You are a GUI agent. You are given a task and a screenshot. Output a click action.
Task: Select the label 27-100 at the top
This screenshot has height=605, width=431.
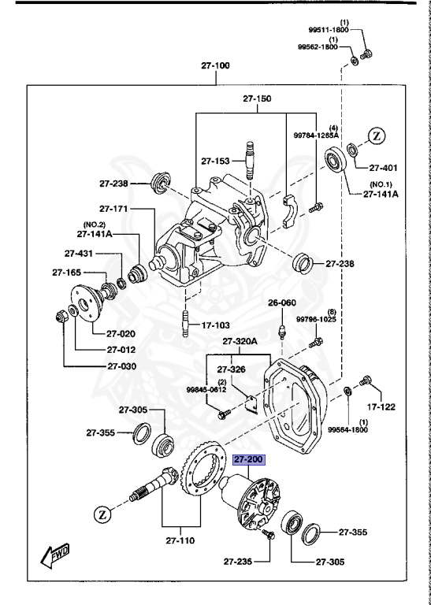click(215, 66)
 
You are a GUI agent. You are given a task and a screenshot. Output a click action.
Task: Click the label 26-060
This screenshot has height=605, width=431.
click(282, 302)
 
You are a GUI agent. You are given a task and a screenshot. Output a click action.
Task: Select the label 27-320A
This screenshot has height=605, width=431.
click(240, 341)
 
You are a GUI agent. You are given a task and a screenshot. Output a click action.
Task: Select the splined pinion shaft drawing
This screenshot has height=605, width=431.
click(158, 484)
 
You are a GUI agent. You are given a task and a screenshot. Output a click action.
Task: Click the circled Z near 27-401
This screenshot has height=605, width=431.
click(377, 135)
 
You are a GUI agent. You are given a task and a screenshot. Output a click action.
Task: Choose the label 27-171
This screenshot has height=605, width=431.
click(114, 209)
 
